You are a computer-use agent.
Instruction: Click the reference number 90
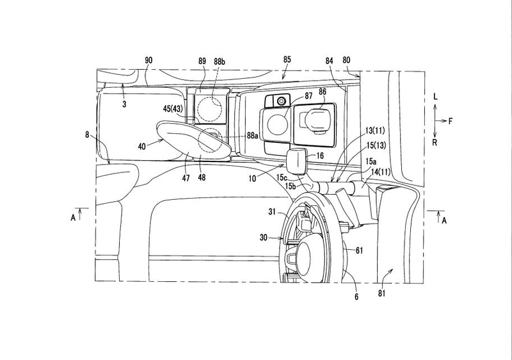pos(148,60)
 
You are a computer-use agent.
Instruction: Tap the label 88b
pos(220,61)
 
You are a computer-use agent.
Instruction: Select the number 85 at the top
pos(287,60)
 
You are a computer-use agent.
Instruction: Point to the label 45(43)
pos(173,108)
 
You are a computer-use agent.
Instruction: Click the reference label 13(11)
pos(374,131)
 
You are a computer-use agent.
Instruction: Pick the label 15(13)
pos(376,145)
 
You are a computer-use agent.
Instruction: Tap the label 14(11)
pos(380,172)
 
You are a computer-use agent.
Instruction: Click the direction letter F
pos(451,121)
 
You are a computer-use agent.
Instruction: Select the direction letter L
pos(435,96)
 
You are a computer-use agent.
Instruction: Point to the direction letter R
pos(435,142)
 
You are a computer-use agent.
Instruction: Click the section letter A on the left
pos(73,218)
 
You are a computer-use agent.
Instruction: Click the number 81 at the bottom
pos(381,293)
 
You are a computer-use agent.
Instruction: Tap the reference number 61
pos(359,250)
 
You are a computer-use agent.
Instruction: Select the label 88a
pos(253,135)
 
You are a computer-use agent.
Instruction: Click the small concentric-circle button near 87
pos(281,101)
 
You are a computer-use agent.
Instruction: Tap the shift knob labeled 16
pos(297,160)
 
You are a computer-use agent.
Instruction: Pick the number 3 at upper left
pos(124,104)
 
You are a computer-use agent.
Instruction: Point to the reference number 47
pos(186,178)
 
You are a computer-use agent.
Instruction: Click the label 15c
pos(282,177)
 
